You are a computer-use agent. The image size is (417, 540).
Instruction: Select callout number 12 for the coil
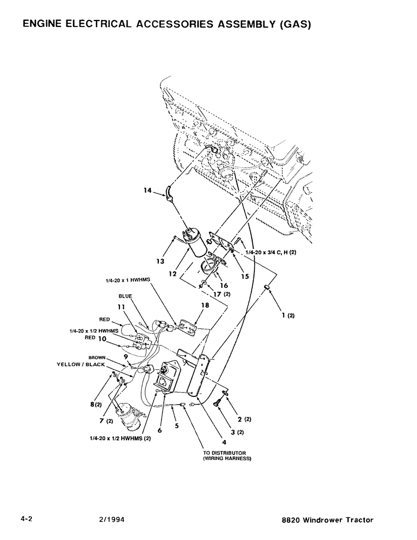[173, 274]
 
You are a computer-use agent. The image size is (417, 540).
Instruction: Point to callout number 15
[244, 276]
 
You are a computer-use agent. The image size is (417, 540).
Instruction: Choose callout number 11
[122, 307]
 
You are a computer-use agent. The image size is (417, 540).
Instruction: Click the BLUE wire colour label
[125, 296]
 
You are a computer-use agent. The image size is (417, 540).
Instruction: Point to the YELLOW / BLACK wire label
[81, 364]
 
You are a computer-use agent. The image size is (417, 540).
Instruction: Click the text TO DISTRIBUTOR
[225, 453]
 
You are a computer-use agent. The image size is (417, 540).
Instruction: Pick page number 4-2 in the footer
[27, 520]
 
